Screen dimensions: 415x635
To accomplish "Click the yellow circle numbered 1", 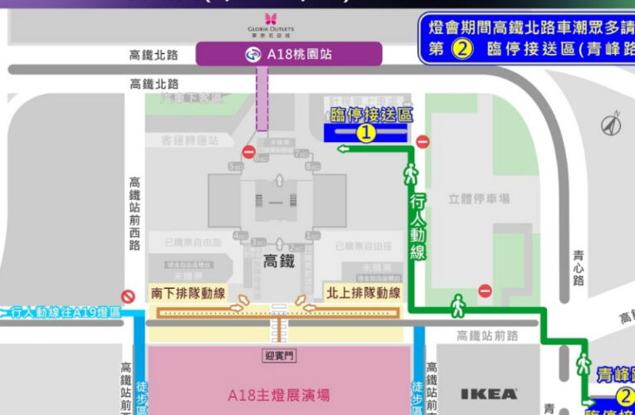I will coord(366,132).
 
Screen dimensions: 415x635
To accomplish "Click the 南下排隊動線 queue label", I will coord(188,294).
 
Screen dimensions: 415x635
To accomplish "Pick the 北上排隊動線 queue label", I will coord(362,294).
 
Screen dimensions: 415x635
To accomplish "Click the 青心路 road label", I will coord(579,269).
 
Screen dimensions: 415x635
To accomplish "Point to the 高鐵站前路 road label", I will coord(487,335).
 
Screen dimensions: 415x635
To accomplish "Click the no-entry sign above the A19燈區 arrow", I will coord(128,295).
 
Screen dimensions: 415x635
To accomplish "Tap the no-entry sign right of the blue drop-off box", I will coord(423,142).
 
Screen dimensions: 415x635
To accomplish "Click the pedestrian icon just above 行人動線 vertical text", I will coord(409,174).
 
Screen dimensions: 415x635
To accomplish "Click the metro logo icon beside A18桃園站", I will coord(251,55).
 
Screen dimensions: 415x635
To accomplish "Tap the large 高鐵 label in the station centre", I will coord(279,261).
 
